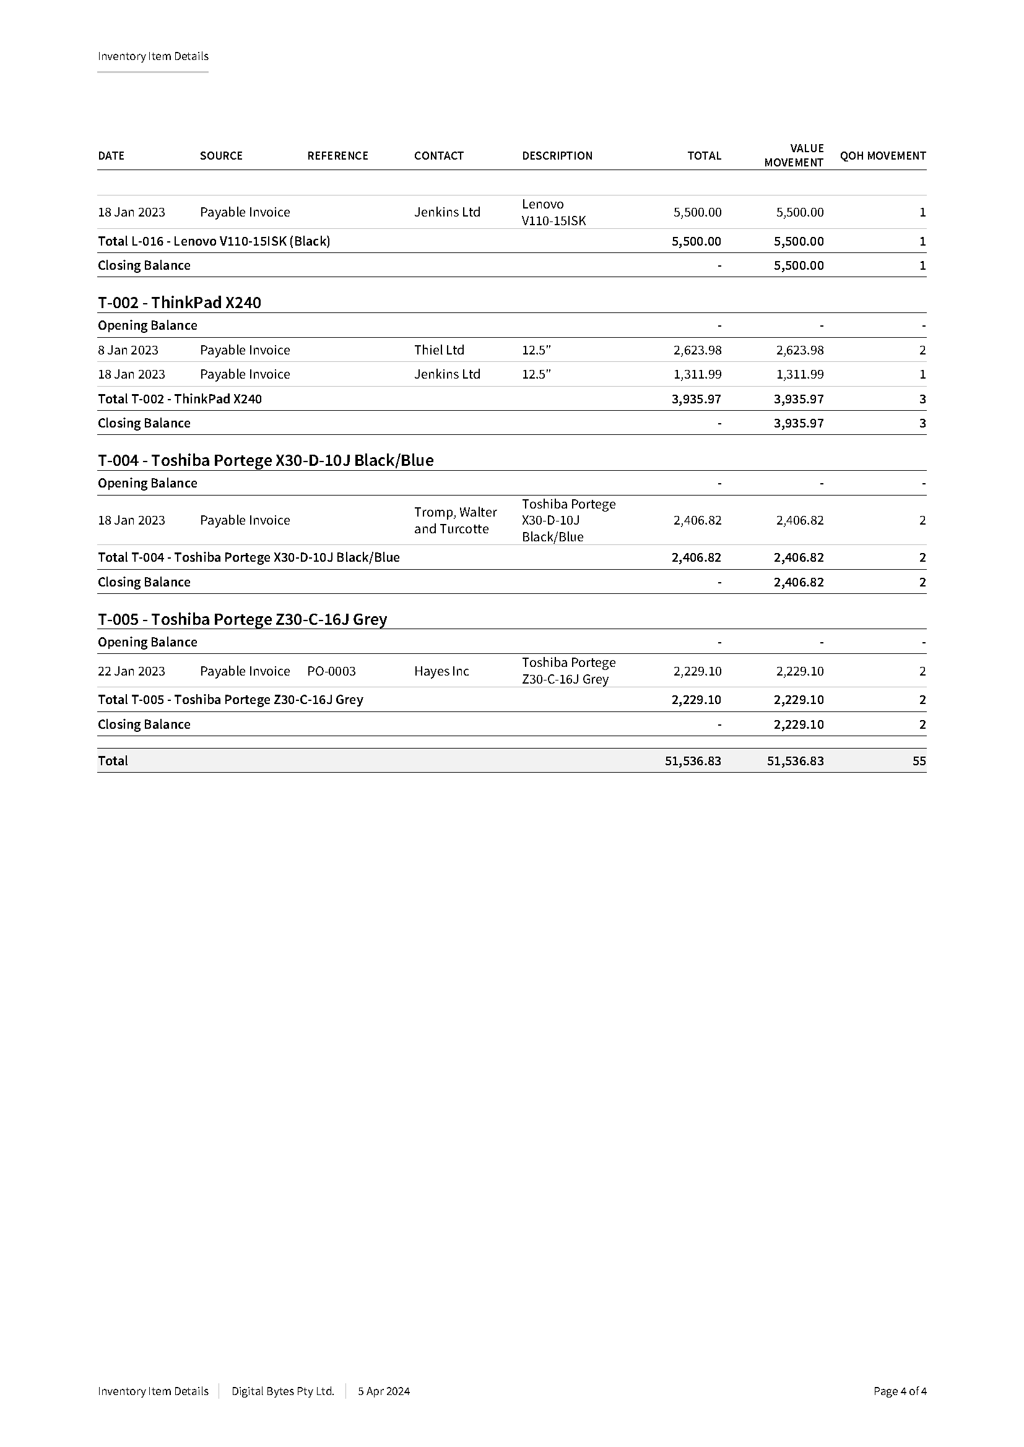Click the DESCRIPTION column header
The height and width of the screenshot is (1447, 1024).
pos(557,156)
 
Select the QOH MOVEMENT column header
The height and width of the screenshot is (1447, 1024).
pos(882,156)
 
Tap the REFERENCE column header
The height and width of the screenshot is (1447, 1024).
pos(337,156)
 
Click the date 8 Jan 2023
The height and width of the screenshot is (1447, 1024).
pos(128,350)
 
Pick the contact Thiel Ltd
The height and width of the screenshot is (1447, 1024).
pos(439,350)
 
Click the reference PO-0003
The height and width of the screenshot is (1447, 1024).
pos(331,671)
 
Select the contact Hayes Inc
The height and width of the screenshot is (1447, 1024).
pos(441,671)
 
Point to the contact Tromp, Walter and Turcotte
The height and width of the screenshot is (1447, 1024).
pos(455,520)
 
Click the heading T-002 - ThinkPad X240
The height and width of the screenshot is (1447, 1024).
pos(179,303)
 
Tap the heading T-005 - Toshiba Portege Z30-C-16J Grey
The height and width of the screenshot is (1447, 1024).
pos(242,619)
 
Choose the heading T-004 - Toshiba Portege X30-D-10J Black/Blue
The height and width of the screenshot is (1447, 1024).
pos(266,460)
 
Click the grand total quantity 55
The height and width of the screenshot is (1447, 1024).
pos(919,761)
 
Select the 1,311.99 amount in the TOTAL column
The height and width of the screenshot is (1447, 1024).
pos(696,374)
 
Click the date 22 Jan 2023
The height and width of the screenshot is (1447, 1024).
pos(131,671)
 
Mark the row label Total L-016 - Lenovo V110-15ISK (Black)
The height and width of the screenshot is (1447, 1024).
pos(214,241)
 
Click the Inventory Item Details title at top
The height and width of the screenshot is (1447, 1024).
pos(152,56)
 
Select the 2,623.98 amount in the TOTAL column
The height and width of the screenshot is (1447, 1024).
pos(696,350)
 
